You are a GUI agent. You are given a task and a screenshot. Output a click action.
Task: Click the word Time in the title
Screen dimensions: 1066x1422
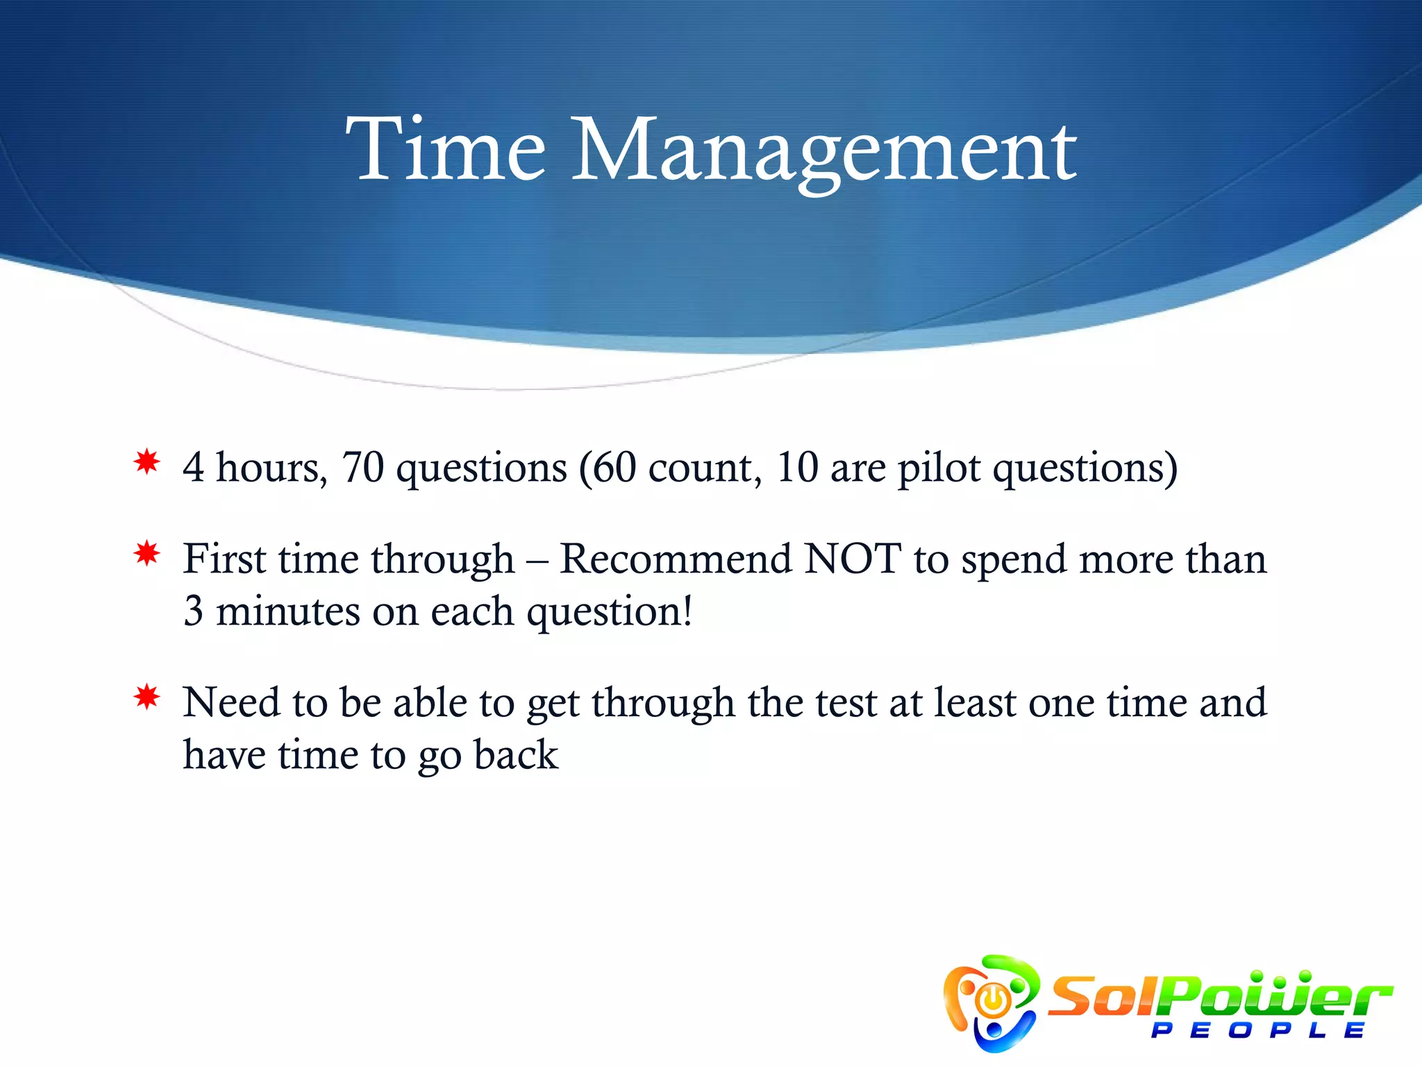click(x=445, y=150)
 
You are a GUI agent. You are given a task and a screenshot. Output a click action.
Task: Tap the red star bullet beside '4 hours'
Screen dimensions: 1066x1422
click(x=147, y=462)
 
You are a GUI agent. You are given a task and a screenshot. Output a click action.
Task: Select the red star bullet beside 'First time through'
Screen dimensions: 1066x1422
click(x=147, y=554)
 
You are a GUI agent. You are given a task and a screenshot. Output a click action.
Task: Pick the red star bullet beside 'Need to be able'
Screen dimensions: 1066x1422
click(x=147, y=697)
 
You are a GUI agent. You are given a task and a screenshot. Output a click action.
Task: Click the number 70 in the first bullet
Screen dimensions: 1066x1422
click(x=362, y=467)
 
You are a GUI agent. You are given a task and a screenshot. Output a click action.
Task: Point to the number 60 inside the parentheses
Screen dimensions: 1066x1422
click(x=614, y=467)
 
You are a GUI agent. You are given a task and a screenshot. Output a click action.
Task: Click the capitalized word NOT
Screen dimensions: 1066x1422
click(x=853, y=559)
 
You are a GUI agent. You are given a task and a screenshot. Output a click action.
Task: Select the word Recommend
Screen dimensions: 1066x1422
click(x=676, y=559)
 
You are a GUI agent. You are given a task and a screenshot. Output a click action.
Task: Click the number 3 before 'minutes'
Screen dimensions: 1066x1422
click(x=193, y=611)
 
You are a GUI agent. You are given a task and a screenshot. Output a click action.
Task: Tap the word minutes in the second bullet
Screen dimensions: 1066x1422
click(x=287, y=611)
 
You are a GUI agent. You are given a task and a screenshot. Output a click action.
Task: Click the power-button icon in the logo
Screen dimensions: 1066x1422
click(x=993, y=1000)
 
